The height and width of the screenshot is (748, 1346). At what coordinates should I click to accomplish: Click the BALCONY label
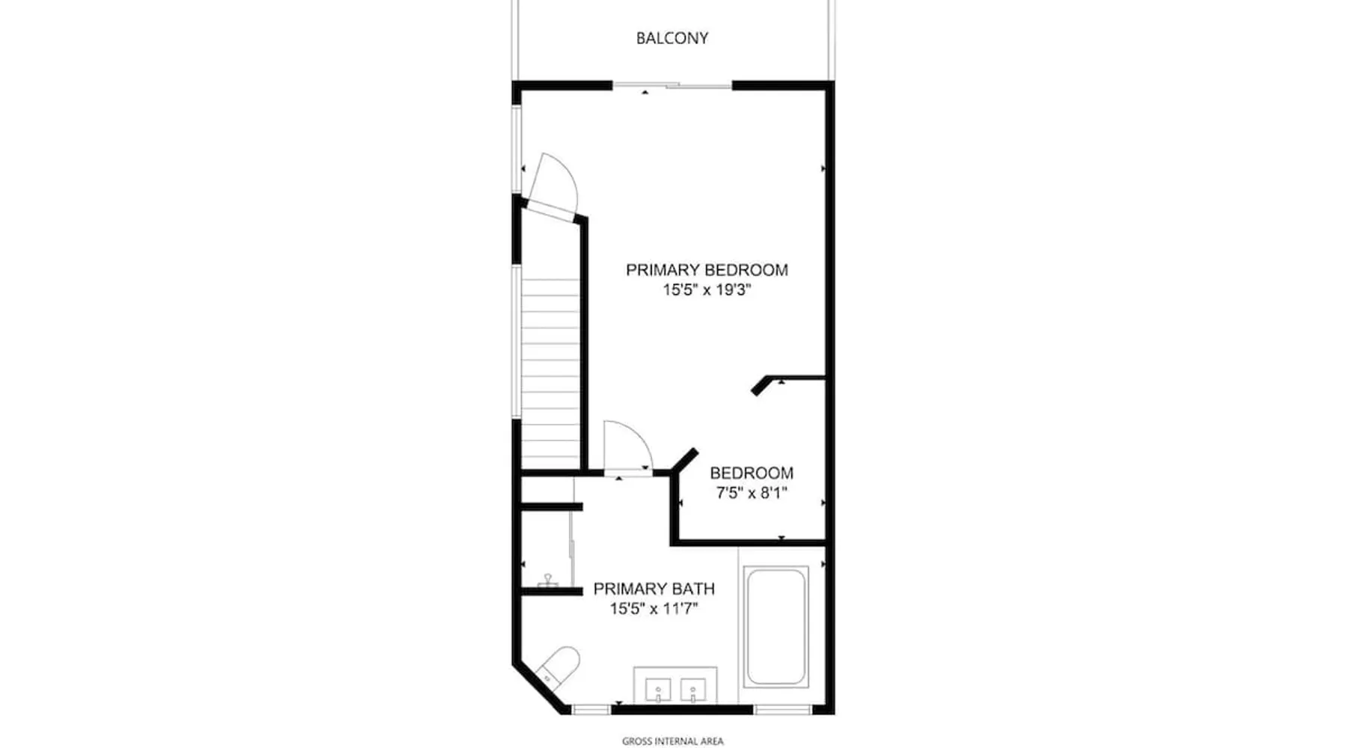(672, 38)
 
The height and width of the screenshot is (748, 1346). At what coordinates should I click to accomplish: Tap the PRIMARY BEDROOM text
(707, 269)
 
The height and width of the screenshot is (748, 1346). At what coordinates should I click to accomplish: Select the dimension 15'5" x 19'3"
(707, 289)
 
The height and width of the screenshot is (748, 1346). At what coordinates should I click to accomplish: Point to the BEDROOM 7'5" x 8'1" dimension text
(752, 493)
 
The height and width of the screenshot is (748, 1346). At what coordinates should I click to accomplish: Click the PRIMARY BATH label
(654, 589)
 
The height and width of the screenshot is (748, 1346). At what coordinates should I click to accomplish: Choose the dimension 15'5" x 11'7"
(654, 609)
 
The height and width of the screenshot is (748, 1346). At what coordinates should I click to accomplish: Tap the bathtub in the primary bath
(775, 627)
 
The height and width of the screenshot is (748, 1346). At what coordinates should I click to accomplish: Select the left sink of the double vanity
(658, 690)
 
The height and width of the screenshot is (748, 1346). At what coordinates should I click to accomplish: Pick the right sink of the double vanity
(693, 690)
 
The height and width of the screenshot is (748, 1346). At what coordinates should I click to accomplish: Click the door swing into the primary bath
(628, 447)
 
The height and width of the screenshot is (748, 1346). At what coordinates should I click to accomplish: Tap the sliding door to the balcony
(672, 86)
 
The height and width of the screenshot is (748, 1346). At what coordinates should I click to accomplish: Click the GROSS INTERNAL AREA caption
(672, 741)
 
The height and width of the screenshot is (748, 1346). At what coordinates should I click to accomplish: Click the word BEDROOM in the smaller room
(752, 473)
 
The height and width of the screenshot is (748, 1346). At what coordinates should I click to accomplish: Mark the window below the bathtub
(781, 709)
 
